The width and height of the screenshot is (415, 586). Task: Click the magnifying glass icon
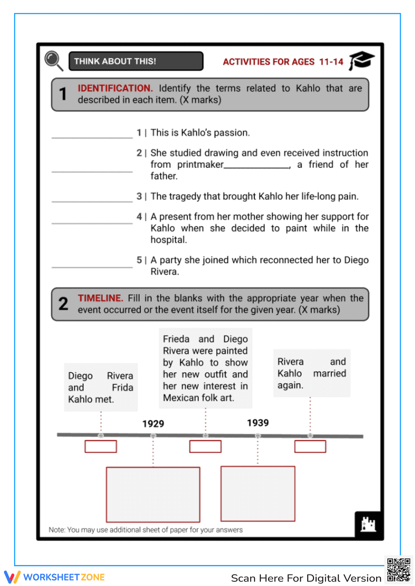54,61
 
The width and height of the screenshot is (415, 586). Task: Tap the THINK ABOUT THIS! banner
136,61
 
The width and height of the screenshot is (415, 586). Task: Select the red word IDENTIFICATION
115,88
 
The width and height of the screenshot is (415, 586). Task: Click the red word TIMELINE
100,298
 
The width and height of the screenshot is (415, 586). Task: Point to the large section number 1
63,94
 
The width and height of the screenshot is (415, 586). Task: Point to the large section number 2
63,304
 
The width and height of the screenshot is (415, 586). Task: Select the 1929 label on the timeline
153,424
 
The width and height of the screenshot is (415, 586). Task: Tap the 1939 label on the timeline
258,423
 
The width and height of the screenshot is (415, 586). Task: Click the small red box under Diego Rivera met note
101,446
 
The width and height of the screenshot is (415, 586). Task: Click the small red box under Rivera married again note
310,446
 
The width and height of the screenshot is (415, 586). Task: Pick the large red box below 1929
153,494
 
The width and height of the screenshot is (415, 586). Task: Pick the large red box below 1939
258,494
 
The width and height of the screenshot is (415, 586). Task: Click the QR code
398,570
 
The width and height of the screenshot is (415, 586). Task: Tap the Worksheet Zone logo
54,577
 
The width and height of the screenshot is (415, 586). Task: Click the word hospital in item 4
168,240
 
